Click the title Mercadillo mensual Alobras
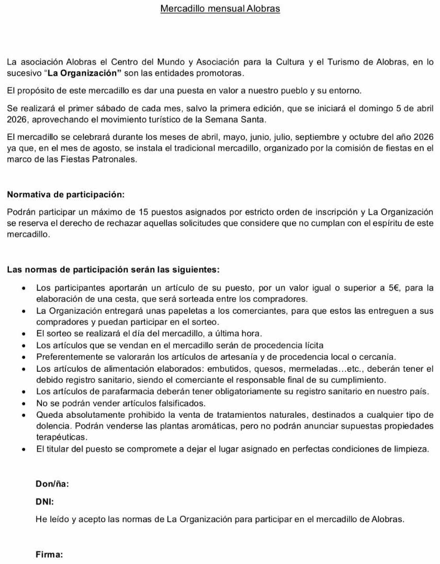220,9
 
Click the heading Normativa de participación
66,195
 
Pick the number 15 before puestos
144,212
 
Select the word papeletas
188,311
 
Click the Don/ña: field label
52,484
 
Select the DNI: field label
44,502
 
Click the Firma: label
49,555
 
